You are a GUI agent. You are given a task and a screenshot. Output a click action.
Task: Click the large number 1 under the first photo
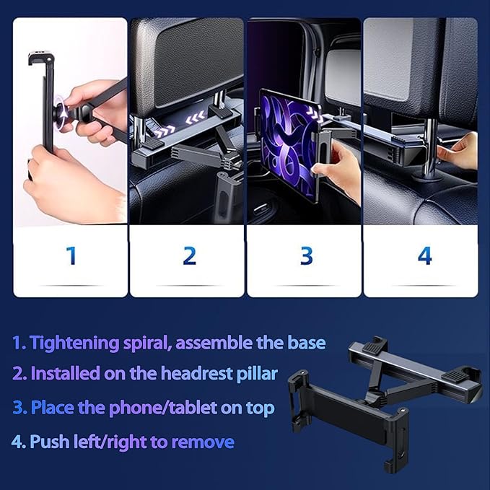click(71, 255)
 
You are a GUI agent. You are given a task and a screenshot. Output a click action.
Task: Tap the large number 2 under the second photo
click(189, 255)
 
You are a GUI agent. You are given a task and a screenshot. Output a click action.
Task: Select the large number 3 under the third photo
click(307, 255)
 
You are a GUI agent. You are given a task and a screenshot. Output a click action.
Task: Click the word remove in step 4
click(207, 441)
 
